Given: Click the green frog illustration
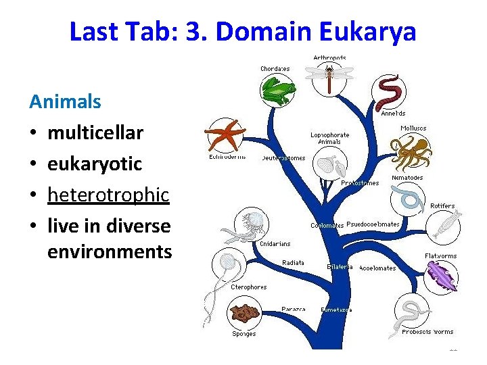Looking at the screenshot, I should [x=279, y=90].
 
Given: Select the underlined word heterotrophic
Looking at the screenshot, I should [x=108, y=195].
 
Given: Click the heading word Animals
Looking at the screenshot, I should [x=65, y=102].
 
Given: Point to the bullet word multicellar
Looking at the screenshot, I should [x=95, y=132].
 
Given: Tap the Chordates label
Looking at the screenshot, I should [x=275, y=68].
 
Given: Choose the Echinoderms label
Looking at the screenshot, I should [x=227, y=158].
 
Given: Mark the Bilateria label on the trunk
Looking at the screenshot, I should [x=340, y=266].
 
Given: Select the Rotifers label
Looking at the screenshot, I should [x=443, y=205].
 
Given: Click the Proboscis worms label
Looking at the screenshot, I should [x=427, y=332].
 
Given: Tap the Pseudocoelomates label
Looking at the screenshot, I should [x=373, y=224].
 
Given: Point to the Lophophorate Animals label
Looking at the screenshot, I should [x=330, y=138].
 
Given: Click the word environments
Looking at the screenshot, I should [x=110, y=251].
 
